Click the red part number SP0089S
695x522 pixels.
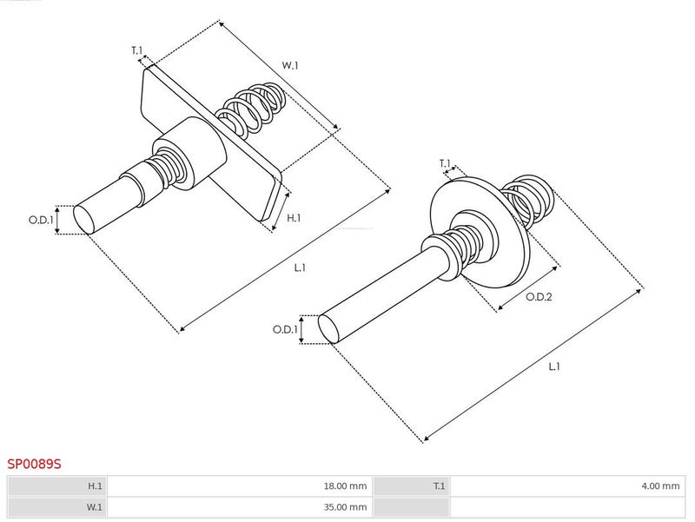34,464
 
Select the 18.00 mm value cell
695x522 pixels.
240,486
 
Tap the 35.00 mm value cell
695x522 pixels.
240,507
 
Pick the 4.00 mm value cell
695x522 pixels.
567,486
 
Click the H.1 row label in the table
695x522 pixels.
95,486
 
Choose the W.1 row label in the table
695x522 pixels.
94,507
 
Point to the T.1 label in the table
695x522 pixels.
439,486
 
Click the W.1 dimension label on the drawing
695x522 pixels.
290,66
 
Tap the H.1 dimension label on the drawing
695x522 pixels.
294,218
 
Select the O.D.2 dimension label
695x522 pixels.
539,297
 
